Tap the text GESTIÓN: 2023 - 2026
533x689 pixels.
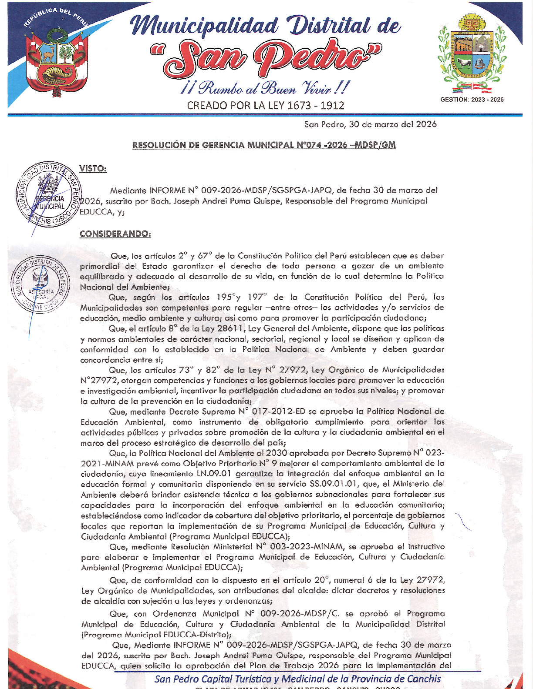[x=472, y=100]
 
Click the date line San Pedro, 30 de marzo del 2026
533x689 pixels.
[x=370, y=124]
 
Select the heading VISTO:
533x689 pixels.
[x=93, y=169]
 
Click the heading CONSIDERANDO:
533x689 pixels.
[x=115, y=234]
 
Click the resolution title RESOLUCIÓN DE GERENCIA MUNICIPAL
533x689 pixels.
[x=264, y=145]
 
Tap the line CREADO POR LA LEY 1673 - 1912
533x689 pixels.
[x=266, y=106]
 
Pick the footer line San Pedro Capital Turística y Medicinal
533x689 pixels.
[x=297, y=679]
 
